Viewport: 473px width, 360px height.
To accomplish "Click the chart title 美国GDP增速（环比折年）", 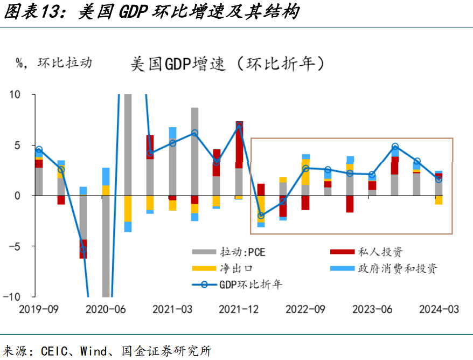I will coord(228,64).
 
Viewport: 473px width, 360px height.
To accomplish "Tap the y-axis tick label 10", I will coord(14,95).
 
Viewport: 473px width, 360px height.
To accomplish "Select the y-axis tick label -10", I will coord(12,297).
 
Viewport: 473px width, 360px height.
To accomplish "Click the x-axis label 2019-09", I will coord(39,309).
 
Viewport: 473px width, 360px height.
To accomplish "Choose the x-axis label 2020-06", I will coord(106,309).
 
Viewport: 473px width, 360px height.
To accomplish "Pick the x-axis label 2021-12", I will coord(239,309).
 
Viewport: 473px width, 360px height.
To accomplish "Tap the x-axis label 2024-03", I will coord(439,309).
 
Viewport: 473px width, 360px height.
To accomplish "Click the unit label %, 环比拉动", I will coord(53,63).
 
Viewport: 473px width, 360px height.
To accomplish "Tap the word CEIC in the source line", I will coord(54,351).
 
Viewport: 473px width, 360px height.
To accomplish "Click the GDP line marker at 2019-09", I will coord(39,149).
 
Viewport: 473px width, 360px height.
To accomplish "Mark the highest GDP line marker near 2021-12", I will coord(239,126).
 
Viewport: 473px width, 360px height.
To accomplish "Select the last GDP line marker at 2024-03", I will coord(439,179).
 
